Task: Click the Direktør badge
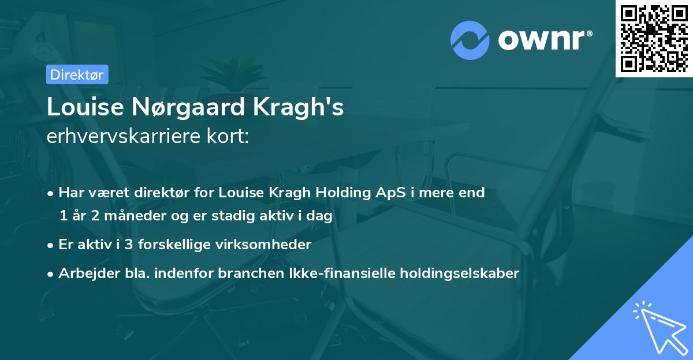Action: coord(77,74)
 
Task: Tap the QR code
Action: coord(654,39)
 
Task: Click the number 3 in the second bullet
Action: coord(118,245)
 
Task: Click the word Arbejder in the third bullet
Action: coord(83,273)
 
